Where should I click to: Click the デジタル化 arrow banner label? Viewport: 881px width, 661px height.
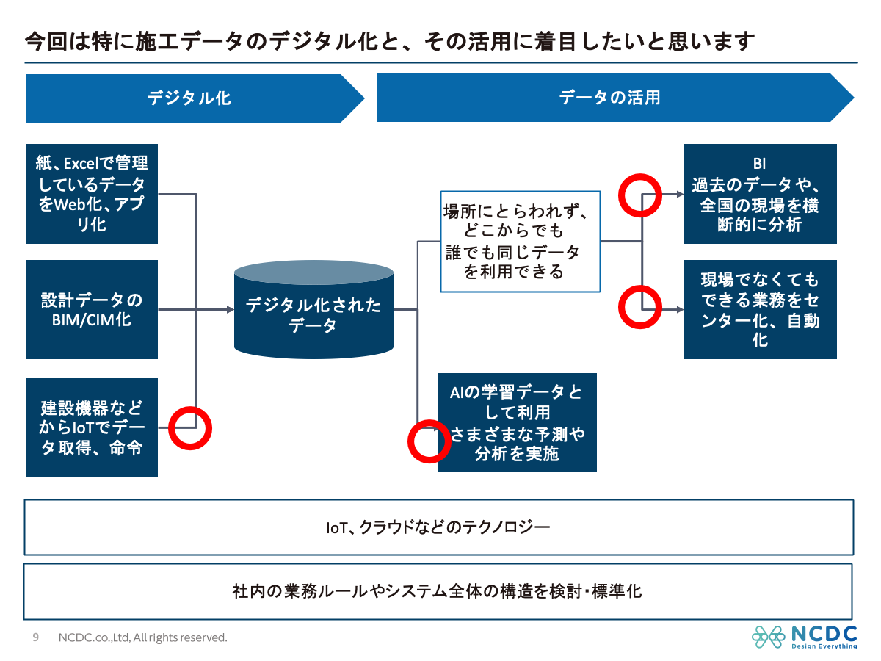click(x=189, y=98)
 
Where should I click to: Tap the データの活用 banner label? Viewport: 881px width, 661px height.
click(x=609, y=98)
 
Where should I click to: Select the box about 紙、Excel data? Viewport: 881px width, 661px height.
click(x=92, y=194)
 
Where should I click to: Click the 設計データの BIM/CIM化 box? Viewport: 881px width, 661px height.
click(x=92, y=309)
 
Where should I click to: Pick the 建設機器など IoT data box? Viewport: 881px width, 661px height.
click(x=92, y=427)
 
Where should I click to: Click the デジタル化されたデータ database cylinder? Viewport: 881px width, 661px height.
click(x=313, y=309)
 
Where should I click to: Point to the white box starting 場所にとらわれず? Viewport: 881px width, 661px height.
click(x=521, y=241)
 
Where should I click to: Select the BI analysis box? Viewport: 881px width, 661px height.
click(x=760, y=194)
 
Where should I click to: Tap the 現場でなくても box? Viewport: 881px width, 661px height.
click(x=760, y=309)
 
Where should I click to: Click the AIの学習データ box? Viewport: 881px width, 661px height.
click(x=517, y=422)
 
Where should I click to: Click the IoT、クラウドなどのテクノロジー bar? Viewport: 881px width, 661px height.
click(x=439, y=527)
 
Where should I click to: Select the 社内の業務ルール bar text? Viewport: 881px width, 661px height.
click(x=437, y=591)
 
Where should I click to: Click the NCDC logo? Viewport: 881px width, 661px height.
click(x=805, y=637)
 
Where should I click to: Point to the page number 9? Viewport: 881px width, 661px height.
click(x=36, y=637)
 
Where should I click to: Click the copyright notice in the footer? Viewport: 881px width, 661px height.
click(x=143, y=637)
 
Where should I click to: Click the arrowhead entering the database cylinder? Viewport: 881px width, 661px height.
click(x=231, y=309)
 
